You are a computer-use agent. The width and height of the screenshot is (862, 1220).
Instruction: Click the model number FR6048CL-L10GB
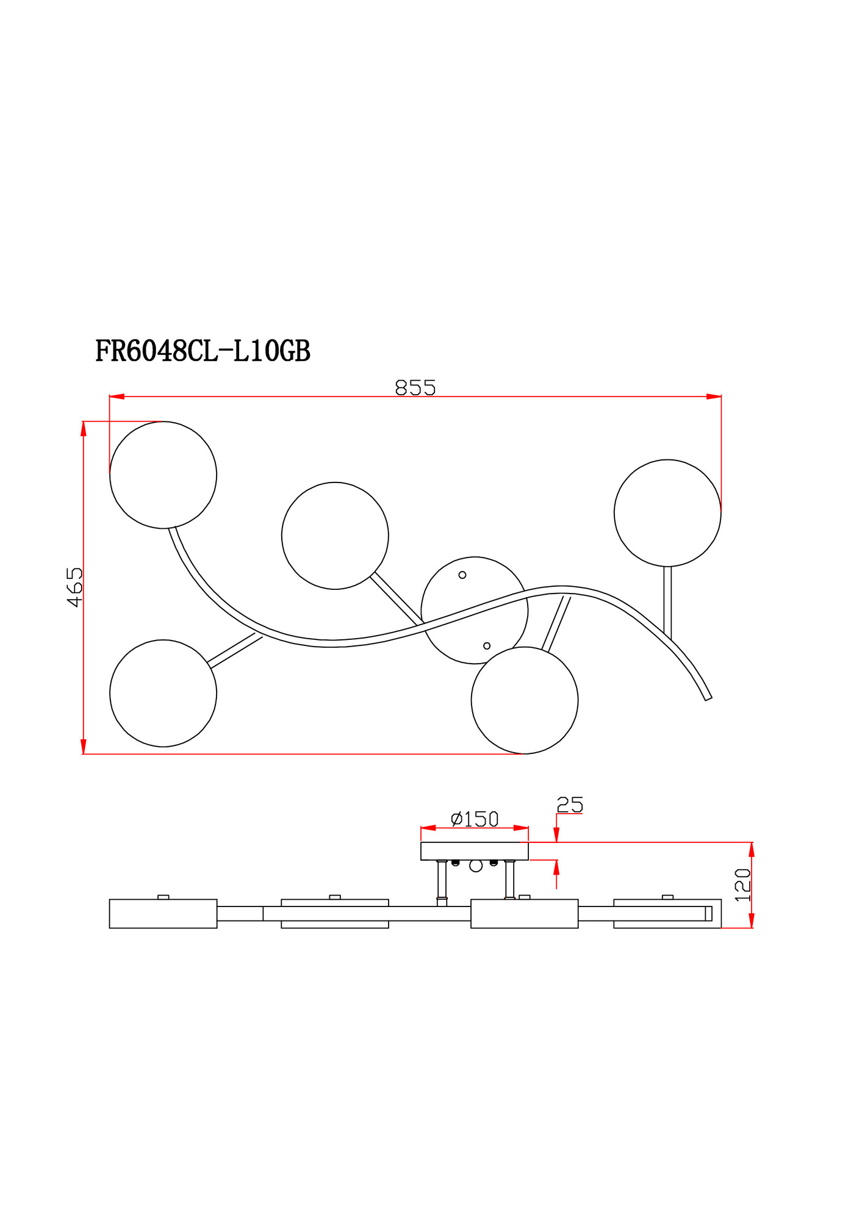[203, 351]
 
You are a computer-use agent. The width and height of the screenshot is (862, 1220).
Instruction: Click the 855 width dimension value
[415, 388]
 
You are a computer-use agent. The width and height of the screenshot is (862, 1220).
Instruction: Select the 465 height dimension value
[74, 587]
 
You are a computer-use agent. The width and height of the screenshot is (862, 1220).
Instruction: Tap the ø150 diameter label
[475, 819]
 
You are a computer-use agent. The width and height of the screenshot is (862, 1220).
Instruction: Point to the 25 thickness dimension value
[570, 805]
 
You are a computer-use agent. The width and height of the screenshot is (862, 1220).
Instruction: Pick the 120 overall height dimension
[742, 885]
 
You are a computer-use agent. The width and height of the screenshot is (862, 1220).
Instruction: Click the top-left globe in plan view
[163, 475]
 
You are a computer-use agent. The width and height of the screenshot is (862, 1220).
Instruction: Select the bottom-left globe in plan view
[163, 693]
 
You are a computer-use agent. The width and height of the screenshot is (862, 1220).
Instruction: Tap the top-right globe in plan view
[667, 513]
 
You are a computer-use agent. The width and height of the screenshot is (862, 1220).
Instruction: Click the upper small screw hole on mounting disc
[462, 575]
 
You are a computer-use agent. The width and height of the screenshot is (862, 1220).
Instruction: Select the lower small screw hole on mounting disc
[487, 646]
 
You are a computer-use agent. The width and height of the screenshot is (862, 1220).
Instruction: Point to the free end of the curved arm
[708, 698]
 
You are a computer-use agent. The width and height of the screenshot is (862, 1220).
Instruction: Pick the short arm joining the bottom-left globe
[235, 650]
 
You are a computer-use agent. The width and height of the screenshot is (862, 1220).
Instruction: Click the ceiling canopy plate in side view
[474, 851]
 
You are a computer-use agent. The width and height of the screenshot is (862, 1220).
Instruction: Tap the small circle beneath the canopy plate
[476, 866]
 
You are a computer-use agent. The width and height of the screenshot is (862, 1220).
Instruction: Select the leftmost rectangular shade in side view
[163, 913]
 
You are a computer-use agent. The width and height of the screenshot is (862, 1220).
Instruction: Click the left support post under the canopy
[442, 880]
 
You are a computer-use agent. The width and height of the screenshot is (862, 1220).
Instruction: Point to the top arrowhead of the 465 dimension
[83, 428]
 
